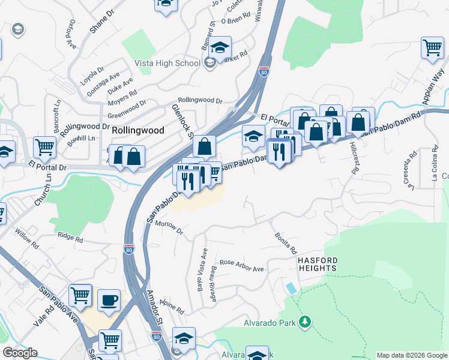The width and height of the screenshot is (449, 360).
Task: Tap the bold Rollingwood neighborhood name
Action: click(137, 129)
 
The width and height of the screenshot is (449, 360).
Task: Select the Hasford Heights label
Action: click(318, 265)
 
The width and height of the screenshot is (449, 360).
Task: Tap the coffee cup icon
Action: click(109, 300)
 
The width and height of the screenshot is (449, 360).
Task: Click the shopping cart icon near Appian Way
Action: click(432, 48)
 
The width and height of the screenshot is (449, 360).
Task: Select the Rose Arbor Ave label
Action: click(241, 266)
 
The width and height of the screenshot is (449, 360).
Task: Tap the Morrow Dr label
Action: click(168, 226)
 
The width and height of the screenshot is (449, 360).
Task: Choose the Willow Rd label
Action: click(27, 235)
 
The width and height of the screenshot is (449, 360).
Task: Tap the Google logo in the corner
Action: click(20, 353)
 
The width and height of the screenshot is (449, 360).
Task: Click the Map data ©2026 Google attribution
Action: click(411, 355)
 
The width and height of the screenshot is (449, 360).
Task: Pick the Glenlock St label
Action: click(181, 121)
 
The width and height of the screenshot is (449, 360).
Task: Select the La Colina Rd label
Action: click(434, 170)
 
